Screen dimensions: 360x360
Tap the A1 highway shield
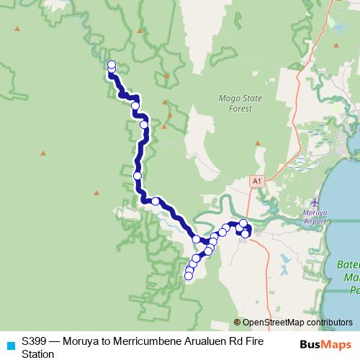257,182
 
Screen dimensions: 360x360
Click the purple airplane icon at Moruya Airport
314,202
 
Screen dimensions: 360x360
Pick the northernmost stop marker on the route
112,66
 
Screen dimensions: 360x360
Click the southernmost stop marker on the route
189,275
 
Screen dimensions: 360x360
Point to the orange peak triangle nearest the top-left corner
17,28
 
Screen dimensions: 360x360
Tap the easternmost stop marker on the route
246,233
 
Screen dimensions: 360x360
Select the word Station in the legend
37,354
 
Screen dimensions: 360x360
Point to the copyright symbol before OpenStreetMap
238,323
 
